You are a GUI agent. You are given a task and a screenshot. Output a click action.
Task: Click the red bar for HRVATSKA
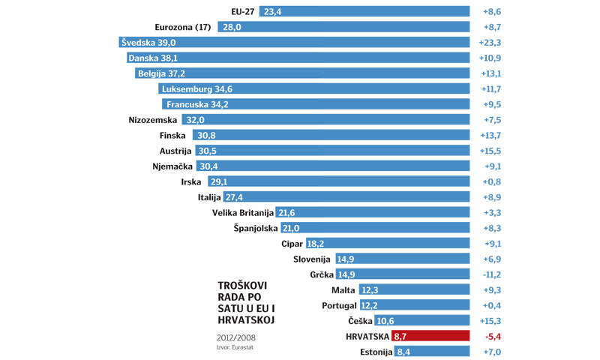point(430,337)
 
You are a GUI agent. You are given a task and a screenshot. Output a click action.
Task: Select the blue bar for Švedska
point(295,43)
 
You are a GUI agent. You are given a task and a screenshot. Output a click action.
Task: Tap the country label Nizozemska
point(153,120)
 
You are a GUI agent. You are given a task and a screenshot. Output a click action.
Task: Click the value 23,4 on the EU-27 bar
point(272,12)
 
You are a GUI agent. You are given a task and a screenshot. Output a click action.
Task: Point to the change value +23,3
point(490,43)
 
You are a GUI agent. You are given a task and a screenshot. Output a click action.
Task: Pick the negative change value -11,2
point(490,274)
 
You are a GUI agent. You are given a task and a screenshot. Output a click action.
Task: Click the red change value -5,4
point(492,337)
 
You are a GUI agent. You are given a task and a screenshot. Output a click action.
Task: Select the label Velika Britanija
point(243,213)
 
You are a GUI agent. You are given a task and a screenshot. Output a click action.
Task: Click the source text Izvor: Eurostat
point(235,347)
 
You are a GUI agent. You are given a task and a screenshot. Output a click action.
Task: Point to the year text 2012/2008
point(235,337)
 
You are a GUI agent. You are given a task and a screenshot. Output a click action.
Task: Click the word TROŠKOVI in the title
point(241,286)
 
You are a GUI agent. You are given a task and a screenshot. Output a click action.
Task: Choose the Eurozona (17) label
point(182,27)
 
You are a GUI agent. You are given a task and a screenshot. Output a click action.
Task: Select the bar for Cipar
point(387,244)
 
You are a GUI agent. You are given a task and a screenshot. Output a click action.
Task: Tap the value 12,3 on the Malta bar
point(370,290)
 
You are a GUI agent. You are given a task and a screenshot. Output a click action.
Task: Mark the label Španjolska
point(255,228)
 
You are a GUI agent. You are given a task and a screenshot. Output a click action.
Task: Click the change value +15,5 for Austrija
point(490,151)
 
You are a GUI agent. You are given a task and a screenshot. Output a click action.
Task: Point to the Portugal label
point(339,306)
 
